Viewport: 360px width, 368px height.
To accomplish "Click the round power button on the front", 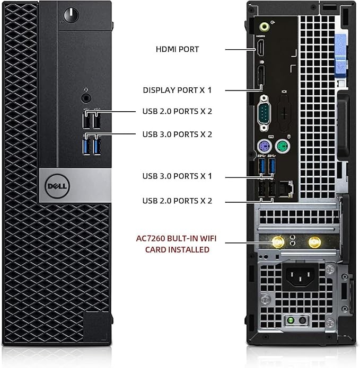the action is tap(71, 15).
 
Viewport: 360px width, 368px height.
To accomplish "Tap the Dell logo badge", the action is tap(57, 186).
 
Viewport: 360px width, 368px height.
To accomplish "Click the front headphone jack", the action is tap(86, 98).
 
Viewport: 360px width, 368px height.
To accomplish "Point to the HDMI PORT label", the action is tap(178, 49).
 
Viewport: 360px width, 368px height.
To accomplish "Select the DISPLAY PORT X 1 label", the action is tap(178, 90).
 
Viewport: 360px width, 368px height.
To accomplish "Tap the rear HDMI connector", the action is tap(260, 48).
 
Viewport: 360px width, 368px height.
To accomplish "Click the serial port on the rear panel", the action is tap(264, 113).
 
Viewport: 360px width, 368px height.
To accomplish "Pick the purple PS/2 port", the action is tap(265, 147).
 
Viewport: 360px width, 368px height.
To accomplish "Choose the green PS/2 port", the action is tap(283, 147).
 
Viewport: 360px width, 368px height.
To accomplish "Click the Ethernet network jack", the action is tap(286, 189).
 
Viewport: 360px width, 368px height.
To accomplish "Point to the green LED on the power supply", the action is tap(291, 320).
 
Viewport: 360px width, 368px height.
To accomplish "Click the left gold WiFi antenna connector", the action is tap(278, 242).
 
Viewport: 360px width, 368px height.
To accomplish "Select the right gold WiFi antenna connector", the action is tap(314, 242).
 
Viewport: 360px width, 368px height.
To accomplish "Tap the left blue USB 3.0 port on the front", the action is tap(86, 147).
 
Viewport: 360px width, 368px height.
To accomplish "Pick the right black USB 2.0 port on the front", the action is tap(96, 121).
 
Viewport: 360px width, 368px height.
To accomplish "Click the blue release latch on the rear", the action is tap(340, 56).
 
